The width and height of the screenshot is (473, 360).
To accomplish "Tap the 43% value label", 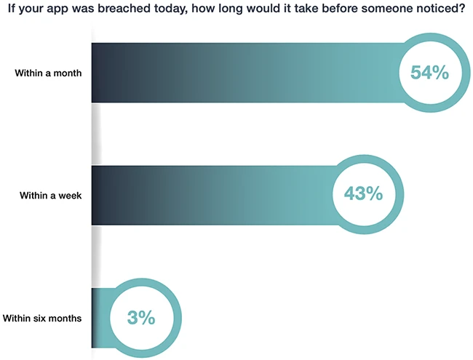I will click(357, 194).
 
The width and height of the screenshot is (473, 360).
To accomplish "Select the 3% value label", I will click(141, 317).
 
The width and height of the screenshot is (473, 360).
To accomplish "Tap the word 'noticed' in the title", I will click(440, 11).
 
